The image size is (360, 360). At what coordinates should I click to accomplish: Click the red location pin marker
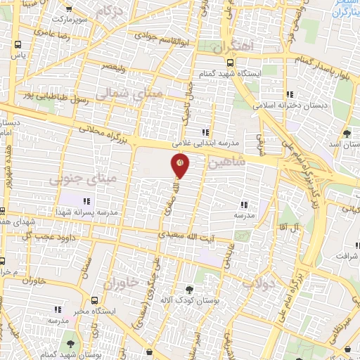pos(180,165)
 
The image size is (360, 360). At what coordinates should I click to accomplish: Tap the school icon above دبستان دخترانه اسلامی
pos(290,95)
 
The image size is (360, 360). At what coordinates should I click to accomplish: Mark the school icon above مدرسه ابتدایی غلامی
pos(205,131)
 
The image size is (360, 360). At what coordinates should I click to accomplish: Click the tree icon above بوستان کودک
pos(189,289)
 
